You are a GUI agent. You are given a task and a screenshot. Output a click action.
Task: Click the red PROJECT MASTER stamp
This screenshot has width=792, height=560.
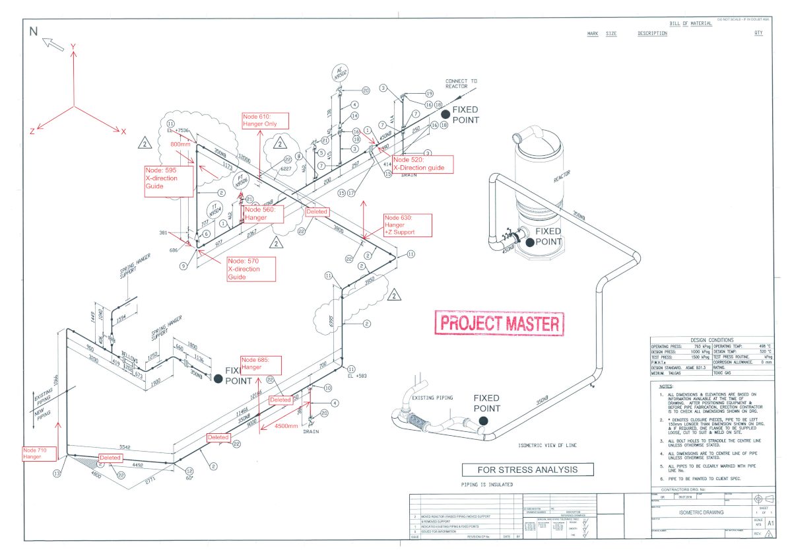500,324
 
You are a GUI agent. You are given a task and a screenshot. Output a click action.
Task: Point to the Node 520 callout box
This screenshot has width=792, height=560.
422,164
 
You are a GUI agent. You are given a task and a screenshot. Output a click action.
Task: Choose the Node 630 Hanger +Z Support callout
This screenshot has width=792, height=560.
407,225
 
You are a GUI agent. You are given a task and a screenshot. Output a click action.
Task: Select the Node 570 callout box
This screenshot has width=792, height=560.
250,269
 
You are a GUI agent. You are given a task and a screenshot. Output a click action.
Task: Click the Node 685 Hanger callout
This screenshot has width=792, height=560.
261,364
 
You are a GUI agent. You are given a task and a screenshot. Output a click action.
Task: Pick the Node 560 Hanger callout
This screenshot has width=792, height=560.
263,213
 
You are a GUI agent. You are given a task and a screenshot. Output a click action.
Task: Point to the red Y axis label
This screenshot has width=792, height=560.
74,46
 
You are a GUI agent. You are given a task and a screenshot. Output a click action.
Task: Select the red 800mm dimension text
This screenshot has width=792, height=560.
180,143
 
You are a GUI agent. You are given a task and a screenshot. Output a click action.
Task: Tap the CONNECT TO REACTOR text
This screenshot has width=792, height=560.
461,84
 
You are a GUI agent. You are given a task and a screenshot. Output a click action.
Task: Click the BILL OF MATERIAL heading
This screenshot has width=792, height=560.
690,24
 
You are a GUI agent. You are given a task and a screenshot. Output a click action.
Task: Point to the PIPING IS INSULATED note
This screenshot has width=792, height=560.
487,485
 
